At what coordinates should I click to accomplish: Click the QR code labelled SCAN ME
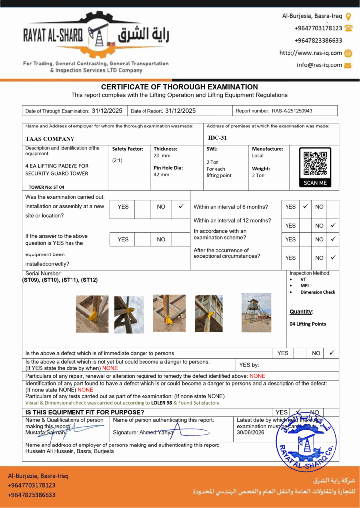click(315, 164)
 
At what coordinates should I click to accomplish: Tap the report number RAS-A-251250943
click(291, 111)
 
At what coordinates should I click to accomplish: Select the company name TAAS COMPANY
click(50, 139)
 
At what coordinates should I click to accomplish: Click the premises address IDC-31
click(217, 138)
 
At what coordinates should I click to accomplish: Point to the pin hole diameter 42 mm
click(161, 175)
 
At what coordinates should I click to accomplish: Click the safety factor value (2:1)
click(118, 160)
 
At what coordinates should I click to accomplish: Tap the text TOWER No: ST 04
click(47, 187)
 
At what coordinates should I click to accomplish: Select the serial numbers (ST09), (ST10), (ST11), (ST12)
click(60, 280)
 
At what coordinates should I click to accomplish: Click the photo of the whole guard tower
click(257, 307)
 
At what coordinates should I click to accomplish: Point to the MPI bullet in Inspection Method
click(304, 286)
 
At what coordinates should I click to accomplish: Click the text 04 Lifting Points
click(308, 324)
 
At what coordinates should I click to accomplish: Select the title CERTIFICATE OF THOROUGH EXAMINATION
click(179, 87)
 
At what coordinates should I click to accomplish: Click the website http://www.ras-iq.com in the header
click(310, 53)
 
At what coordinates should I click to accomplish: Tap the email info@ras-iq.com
click(319, 65)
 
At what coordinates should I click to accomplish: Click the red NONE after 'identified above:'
click(257, 376)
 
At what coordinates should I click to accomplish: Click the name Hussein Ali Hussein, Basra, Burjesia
click(70, 451)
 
